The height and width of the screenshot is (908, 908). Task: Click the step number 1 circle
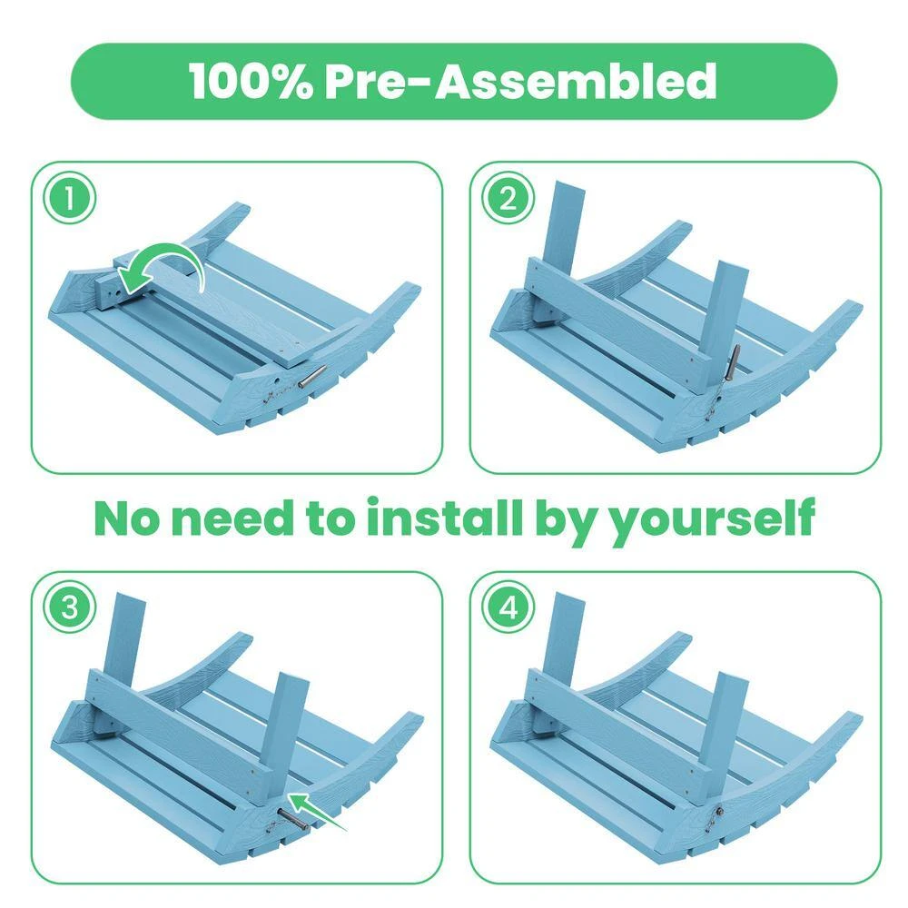pyautogui.click(x=70, y=199)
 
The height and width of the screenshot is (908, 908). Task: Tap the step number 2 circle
pyautogui.click(x=508, y=199)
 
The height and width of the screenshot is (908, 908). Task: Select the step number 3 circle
pyautogui.click(x=70, y=608)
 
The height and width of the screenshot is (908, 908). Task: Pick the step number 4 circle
pyautogui.click(x=508, y=608)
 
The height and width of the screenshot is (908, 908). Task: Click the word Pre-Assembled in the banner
pyautogui.click(x=520, y=81)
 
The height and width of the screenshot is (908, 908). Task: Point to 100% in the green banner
pyautogui.click(x=251, y=81)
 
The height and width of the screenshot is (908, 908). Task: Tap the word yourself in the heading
pyautogui.click(x=714, y=519)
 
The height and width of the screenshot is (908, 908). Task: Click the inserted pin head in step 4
pyautogui.click(x=718, y=811)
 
